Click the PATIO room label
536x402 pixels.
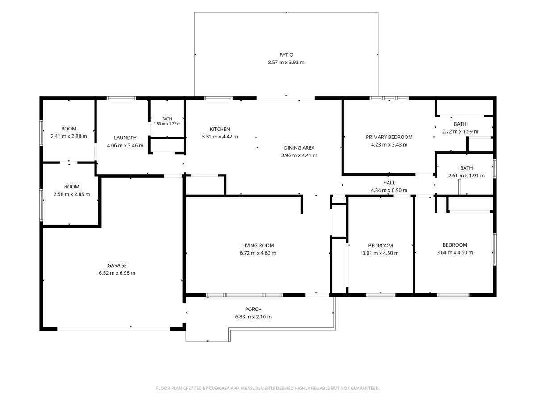coord(286,54)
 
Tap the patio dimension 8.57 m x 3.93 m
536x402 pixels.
coord(286,62)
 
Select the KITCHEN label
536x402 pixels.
coord(220,129)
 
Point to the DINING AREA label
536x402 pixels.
coord(299,148)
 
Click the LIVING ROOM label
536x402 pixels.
coord(258,245)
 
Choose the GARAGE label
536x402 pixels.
coord(117,265)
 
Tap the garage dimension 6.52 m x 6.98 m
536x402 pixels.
coord(117,273)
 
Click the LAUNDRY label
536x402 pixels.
coord(125,138)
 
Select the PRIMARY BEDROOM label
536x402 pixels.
coord(389,137)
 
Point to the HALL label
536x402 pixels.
coord(389,183)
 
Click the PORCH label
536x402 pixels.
coord(253,309)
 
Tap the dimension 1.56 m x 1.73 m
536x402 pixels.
coord(167,124)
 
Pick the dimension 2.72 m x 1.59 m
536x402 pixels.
coord(460,131)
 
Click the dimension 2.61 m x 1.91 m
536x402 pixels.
coord(466,176)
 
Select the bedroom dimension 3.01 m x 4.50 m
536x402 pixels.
coord(381,253)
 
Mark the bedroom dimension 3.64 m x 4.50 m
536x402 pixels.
coord(455,252)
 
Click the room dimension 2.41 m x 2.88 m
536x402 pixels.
coord(69,136)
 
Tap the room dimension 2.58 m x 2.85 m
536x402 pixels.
coord(71,194)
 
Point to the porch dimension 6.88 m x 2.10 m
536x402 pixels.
coord(253,317)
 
